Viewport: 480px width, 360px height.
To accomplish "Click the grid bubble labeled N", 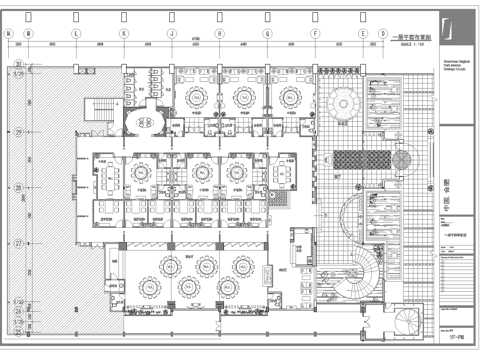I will click(x=10, y=34).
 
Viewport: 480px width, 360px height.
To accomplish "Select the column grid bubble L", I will click(x=75, y=34).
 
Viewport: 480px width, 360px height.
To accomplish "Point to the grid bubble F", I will click(x=315, y=34).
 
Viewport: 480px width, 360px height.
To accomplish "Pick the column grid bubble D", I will click(x=383, y=34).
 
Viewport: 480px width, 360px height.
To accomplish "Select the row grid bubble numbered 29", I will click(x=19, y=131).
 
